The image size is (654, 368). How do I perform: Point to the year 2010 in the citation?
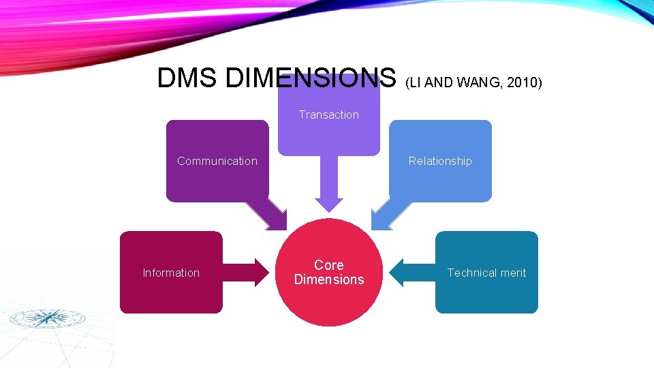[525, 82]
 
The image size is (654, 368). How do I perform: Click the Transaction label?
[328, 114]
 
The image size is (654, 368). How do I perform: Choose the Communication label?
[217, 161]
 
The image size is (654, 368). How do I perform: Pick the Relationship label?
[440, 161]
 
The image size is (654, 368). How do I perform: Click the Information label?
[171, 273]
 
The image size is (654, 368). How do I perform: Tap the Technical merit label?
[486, 273]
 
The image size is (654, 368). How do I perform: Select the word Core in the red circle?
[329, 265]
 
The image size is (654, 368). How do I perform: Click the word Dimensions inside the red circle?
[329, 279]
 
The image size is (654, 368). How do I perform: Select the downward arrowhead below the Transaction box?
[329, 204]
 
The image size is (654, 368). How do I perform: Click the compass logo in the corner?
[47, 318]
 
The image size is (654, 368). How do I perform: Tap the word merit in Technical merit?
[513, 273]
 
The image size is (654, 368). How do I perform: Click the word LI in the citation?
[414, 82]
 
